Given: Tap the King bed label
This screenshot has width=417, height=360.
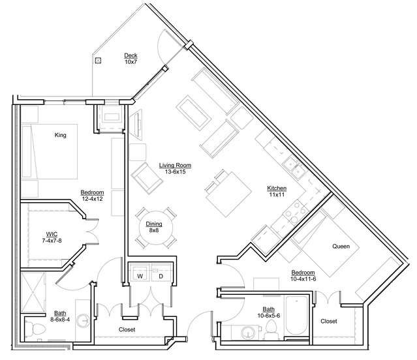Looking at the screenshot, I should [61, 135].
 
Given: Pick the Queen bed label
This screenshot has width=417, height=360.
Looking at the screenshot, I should [341, 246].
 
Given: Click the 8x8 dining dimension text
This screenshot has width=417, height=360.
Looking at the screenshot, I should [154, 230].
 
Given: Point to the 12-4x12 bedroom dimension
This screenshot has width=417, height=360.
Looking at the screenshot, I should [92, 199].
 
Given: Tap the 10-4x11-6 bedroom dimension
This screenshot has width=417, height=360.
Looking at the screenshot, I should [303, 278].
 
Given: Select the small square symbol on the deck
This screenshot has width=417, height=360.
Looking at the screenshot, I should [98, 61].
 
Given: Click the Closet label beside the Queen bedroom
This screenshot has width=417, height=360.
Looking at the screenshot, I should [328, 322].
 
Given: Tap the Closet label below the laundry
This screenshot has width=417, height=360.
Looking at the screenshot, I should [127, 329].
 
